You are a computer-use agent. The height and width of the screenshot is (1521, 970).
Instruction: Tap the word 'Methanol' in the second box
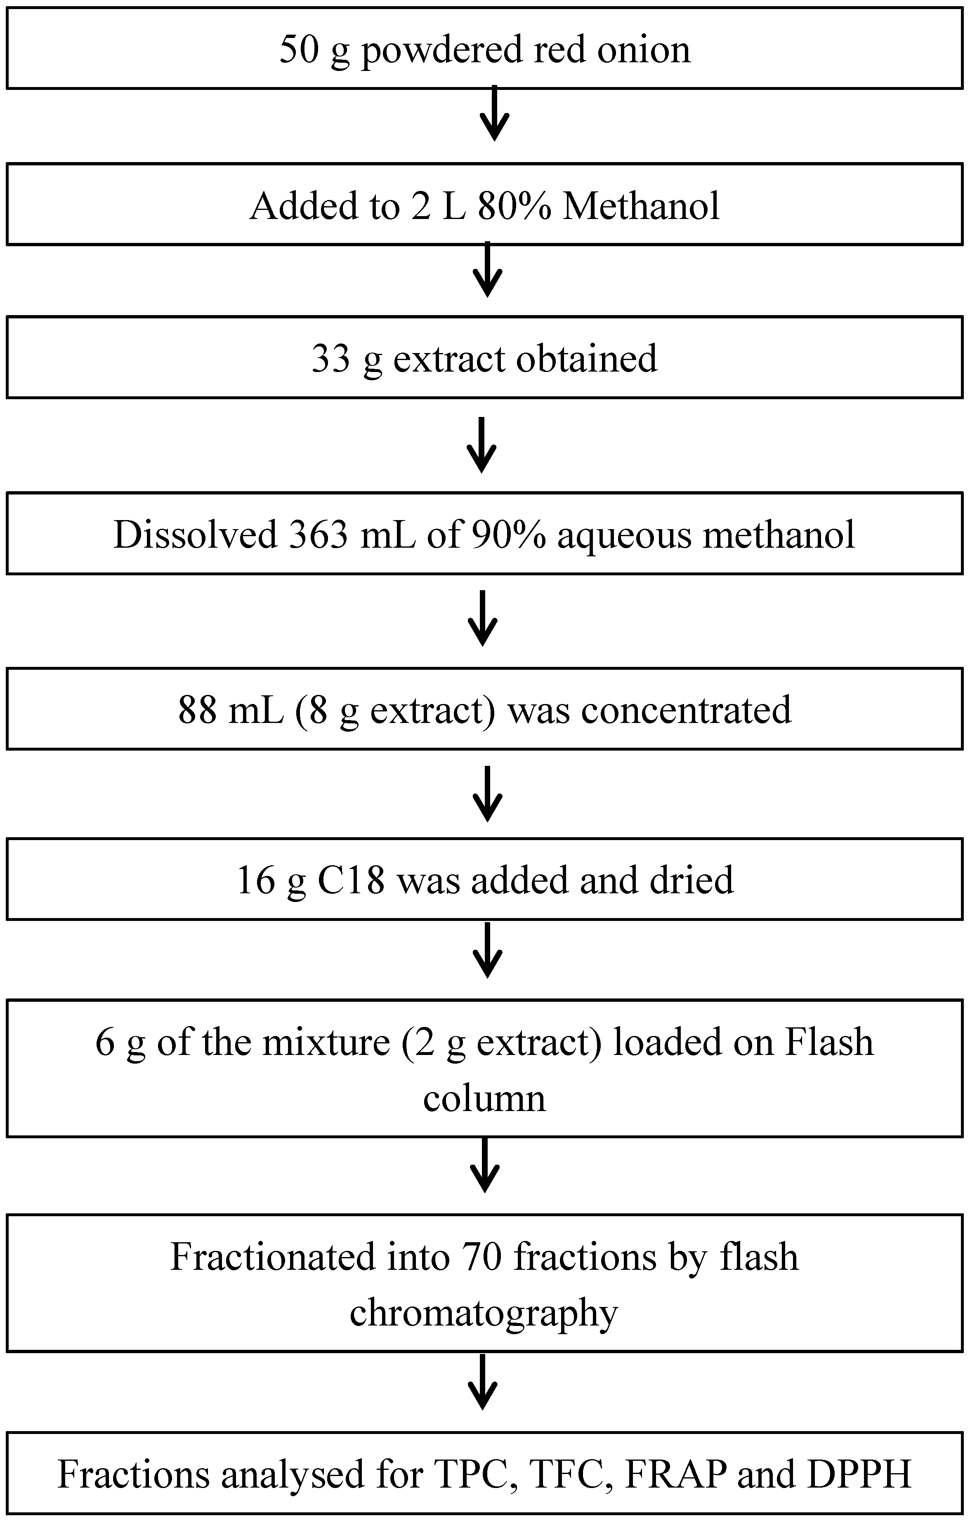point(641,205)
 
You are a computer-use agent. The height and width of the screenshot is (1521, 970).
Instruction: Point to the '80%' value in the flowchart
point(514,205)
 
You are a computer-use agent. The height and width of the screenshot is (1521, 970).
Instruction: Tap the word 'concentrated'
point(686,709)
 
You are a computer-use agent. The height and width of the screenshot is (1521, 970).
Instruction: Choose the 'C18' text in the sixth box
point(351,879)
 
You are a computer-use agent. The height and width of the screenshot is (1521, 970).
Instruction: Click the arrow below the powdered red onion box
point(495,114)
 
